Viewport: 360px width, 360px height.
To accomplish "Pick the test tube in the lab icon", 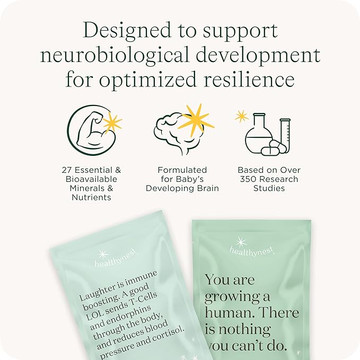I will pos(285,135).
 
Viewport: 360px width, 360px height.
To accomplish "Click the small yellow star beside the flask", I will pos(242,116).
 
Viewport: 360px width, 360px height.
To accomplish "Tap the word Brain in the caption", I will pos(206,188).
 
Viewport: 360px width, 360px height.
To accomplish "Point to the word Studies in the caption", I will pos(269,188).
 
